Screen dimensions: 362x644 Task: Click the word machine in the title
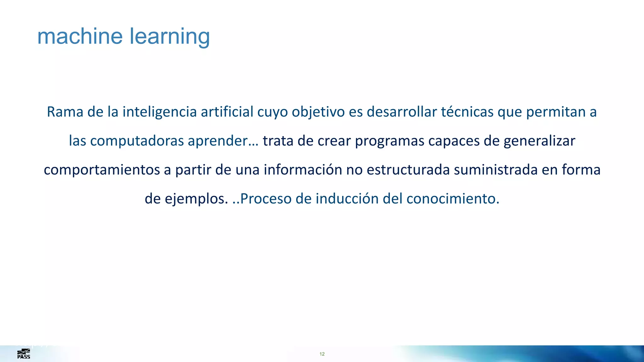pyautogui.click(x=80, y=36)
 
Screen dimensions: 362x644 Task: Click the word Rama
pyautogui.click(x=65, y=112)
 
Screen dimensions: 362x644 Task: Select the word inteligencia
pyautogui.click(x=159, y=112)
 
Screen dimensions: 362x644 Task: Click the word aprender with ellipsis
pyautogui.click(x=223, y=141)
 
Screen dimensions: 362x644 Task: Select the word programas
pyautogui.click(x=389, y=141)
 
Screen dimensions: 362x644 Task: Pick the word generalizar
pyautogui.click(x=539, y=141)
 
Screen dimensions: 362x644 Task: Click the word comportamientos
pyautogui.click(x=102, y=170)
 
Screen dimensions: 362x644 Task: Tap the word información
pyautogui.click(x=303, y=170)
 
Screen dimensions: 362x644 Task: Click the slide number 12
pyautogui.click(x=322, y=354)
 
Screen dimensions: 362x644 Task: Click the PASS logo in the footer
pyautogui.click(x=24, y=354)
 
